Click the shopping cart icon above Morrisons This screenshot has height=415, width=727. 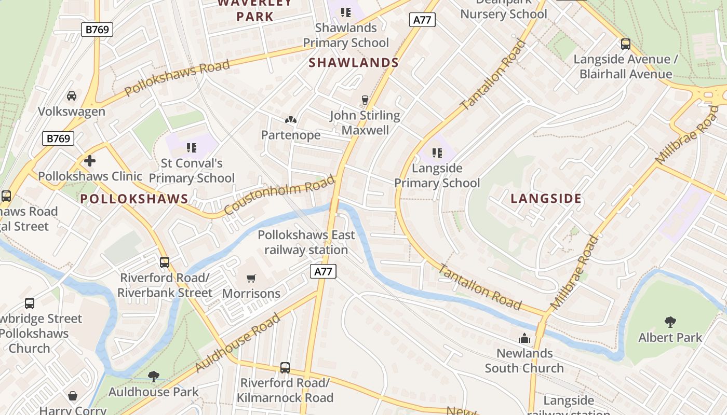click(x=251, y=278)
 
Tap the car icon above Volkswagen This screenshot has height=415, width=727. click(x=72, y=96)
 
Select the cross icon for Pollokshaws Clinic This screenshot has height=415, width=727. click(x=90, y=161)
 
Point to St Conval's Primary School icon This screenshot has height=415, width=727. click(x=192, y=148)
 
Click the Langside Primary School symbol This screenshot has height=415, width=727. click(x=437, y=153)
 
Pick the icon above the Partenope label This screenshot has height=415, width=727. click(x=291, y=120)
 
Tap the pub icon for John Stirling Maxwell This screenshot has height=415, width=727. click(x=365, y=100)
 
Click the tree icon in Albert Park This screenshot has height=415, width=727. click(x=670, y=322)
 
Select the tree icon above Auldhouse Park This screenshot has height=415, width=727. click(x=153, y=376)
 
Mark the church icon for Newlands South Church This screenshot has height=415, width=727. click(x=524, y=338)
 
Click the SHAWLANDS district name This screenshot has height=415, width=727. click(x=354, y=63)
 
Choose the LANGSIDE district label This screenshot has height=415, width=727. click(x=546, y=199)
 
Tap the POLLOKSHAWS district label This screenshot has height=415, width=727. click(x=134, y=199)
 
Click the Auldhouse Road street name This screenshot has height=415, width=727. click(x=238, y=343)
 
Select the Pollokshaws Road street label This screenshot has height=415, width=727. click(x=177, y=78)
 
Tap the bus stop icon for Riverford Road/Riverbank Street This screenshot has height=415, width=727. click(x=165, y=262)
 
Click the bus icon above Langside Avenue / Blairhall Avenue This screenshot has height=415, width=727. click(x=626, y=44)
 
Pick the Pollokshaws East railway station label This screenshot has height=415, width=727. click(x=306, y=242)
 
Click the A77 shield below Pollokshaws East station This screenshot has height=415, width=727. click(x=324, y=271)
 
